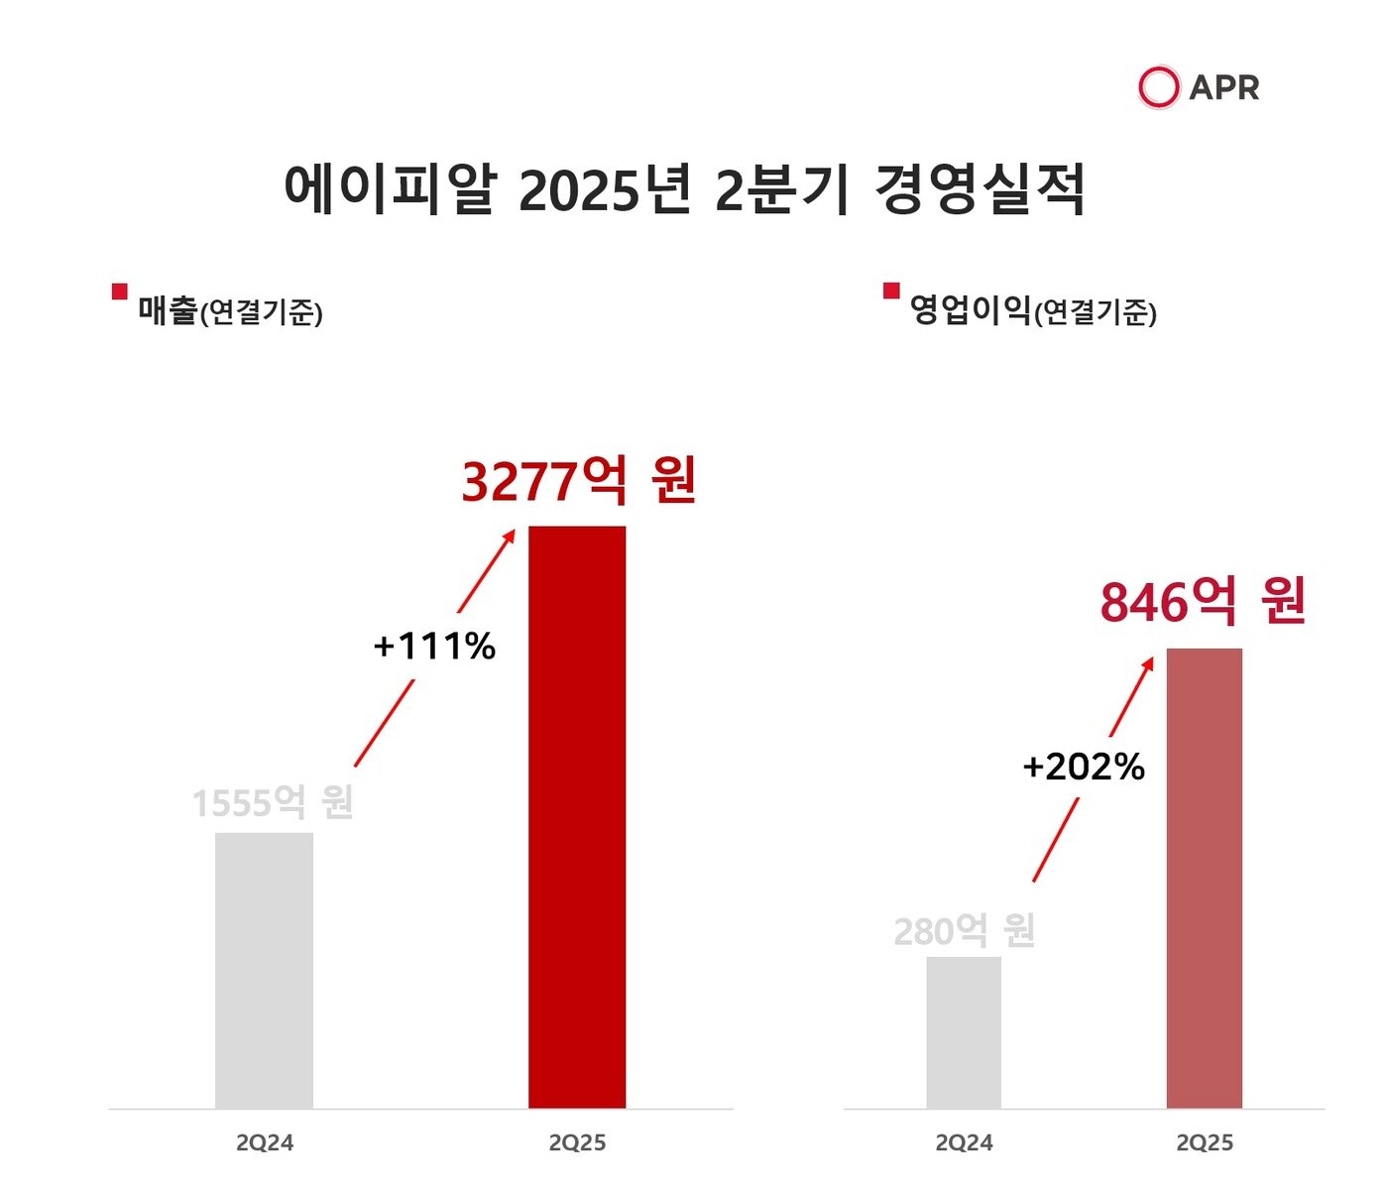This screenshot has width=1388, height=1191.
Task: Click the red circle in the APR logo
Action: pos(1158,87)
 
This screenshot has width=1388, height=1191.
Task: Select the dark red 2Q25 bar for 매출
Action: pos(577,817)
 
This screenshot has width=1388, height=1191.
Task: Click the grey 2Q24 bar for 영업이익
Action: pos(964,1032)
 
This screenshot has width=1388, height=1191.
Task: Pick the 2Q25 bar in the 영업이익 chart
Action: pos(1204,878)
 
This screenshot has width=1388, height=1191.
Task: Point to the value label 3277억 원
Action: pos(579,481)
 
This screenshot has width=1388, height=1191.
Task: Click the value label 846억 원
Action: pos(1203,602)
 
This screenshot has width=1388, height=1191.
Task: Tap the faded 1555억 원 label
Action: pos(273,802)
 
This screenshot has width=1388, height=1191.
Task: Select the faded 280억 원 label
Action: pos(964,931)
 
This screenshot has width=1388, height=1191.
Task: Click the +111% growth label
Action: pos(434,647)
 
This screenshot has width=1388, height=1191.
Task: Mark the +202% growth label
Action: pos(1084,767)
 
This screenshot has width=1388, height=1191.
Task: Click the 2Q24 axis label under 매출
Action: pos(265,1143)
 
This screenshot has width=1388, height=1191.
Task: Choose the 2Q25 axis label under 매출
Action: pos(577,1143)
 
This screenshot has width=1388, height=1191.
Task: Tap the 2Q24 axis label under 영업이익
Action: pos(964,1143)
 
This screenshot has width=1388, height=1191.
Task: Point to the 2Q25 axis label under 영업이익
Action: pos(1205,1143)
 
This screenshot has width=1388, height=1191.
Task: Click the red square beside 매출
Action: pos(120,291)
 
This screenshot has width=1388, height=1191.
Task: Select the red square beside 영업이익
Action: pos(891,291)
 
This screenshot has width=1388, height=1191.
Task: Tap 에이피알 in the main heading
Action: pos(389,189)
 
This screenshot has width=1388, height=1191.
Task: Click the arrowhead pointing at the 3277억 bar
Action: pos(511,536)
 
